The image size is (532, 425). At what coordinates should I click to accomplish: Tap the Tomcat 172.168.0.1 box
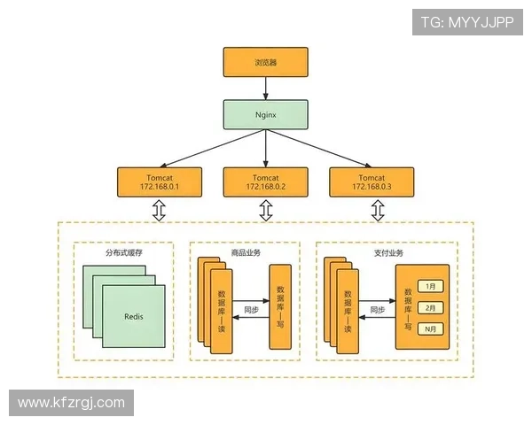click(x=160, y=182)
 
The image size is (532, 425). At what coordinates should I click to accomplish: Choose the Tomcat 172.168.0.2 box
click(x=266, y=182)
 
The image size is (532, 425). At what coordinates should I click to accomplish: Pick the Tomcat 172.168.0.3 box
click(x=372, y=182)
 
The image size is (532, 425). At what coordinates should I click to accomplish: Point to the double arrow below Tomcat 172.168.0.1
click(x=160, y=211)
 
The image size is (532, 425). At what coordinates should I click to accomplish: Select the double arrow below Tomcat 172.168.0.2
click(x=266, y=211)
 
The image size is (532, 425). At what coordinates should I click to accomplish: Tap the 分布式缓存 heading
click(x=123, y=253)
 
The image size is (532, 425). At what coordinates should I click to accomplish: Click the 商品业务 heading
click(x=245, y=253)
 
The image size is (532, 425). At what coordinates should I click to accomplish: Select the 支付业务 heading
click(x=387, y=253)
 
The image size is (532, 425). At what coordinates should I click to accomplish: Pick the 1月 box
click(x=431, y=287)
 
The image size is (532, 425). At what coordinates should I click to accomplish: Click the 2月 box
click(x=431, y=307)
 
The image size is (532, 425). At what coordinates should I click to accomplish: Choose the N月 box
click(x=431, y=328)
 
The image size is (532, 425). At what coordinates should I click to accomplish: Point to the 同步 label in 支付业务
click(x=376, y=310)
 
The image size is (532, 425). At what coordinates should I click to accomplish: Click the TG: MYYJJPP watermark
click(x=466, y=21)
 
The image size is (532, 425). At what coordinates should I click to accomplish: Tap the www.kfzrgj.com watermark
click(x=71, y=403)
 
